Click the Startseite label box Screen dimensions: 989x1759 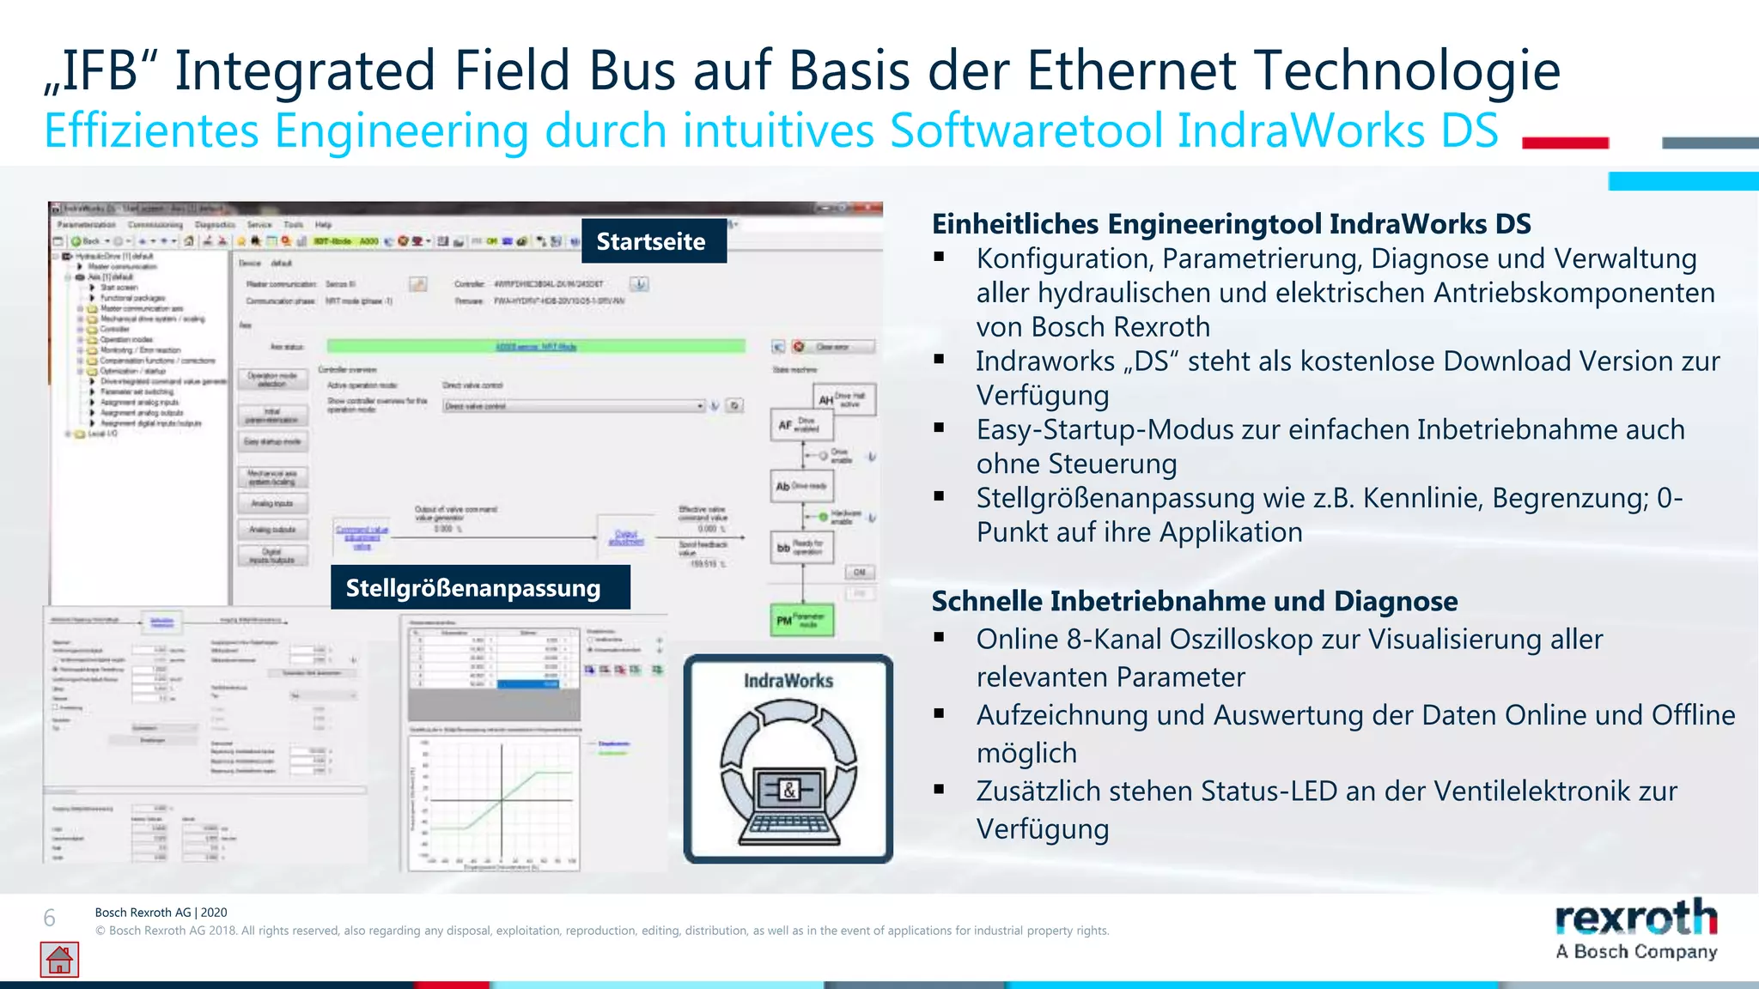tap(653, 241)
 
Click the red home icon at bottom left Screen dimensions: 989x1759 tap(59, 960)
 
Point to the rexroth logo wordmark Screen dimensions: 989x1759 tap(1635, 918)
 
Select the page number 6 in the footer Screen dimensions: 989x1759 tap(50, 918)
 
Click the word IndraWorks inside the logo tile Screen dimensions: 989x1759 tap(788, 681)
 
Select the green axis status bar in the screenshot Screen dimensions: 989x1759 tap(535, 346)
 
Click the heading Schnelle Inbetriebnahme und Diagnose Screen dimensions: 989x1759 tap(1194, 601)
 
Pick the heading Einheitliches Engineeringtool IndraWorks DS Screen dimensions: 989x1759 tap(1231, 223)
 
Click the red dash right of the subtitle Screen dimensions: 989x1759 tap(1564, 143)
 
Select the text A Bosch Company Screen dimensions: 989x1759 tap(1635, 951)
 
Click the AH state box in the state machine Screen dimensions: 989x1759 tap(843, 399)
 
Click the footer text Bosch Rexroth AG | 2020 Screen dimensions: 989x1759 tap(161, 913)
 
